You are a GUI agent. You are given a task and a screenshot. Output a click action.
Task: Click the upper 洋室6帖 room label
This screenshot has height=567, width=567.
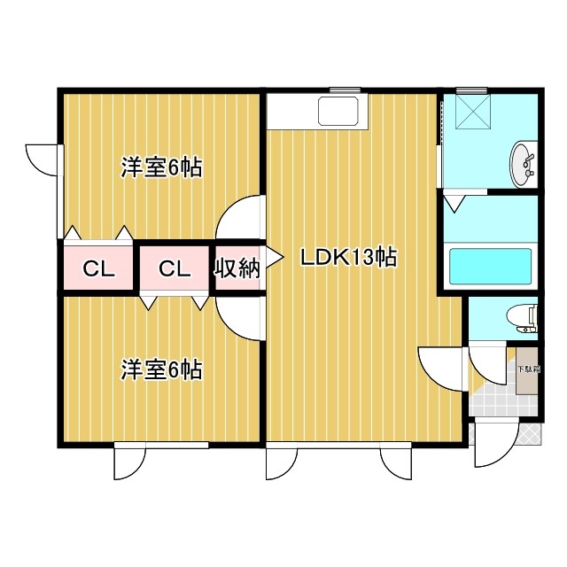(161, 167)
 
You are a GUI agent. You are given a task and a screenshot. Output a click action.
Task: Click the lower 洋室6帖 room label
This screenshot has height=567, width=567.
(161, 369)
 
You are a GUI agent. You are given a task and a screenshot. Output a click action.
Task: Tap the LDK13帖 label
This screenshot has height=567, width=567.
(348, 258)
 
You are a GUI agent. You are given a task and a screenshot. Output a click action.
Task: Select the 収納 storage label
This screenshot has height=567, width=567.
(237, 268)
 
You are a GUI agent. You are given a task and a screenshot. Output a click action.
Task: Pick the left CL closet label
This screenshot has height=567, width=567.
(99, 269)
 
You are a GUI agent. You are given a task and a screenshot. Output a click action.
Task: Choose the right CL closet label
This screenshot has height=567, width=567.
(175, 269)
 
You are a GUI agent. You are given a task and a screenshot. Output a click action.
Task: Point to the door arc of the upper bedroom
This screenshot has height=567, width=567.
(240, 217)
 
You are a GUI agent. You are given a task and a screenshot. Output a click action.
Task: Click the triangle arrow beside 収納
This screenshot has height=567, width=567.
(274, 258)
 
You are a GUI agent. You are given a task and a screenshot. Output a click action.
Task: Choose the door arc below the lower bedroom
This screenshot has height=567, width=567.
(128, 461)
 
